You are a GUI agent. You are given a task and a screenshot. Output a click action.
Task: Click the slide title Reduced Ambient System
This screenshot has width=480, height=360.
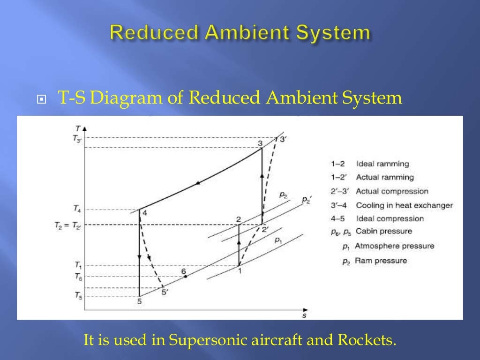coord(240,33)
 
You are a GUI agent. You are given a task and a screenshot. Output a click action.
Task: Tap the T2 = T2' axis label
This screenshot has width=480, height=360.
coord(68,225)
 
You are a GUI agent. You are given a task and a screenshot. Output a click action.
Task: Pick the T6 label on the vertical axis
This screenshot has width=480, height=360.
coord(77,277)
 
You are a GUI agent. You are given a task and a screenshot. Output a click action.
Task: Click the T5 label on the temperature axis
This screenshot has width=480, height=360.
coord(77,295)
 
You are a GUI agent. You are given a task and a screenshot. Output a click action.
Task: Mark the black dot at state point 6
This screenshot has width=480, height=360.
coord(186,277)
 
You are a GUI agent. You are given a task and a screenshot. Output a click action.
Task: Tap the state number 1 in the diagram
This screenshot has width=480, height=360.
coord(239,270)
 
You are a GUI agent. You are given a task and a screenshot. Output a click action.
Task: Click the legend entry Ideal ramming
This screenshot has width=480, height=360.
coord(382,164)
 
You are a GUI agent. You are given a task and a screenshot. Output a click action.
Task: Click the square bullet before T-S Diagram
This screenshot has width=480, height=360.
coord(42,99)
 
